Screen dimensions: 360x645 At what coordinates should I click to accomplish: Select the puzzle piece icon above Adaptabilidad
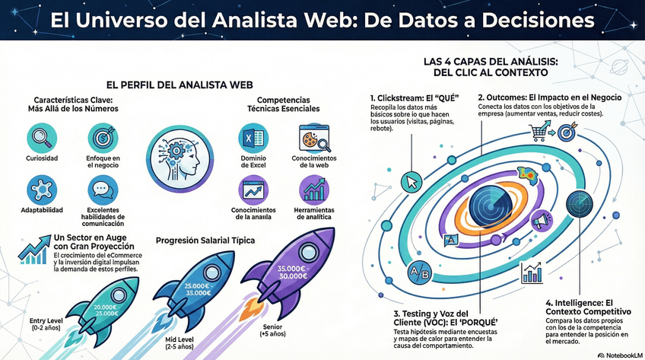pyautogui.click(x=41, y=188)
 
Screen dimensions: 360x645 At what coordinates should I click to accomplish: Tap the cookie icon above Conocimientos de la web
pyautogui.click(x=312, y=139)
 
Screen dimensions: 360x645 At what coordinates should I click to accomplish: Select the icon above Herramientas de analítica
pyautogui.click(x=313, y=188)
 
